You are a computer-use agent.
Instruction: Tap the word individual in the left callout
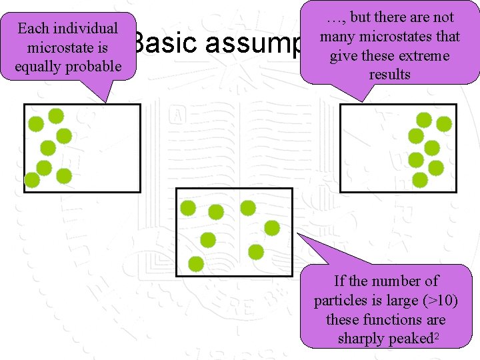(x=86, y=29)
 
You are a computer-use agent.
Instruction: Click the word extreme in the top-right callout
(x=421, y=55)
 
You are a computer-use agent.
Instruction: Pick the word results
(x=389, y=74)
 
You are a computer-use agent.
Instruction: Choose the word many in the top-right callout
(x=337, y=36)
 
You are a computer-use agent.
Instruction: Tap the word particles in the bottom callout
(x=339, y=300)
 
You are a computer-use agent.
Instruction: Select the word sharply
(x=361, y=338)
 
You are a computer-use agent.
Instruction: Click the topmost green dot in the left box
(x=56, y=116)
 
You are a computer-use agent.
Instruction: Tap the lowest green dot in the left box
(x=31, y=179)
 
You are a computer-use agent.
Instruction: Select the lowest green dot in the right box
(x=420, y=179)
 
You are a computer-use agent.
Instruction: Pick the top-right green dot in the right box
(x=443, y=123)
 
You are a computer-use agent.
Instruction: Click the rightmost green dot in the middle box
(x=272, y=228)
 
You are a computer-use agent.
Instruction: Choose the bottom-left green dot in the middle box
(x=196, y=264)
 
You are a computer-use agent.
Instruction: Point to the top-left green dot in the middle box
(x=188, y=208)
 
